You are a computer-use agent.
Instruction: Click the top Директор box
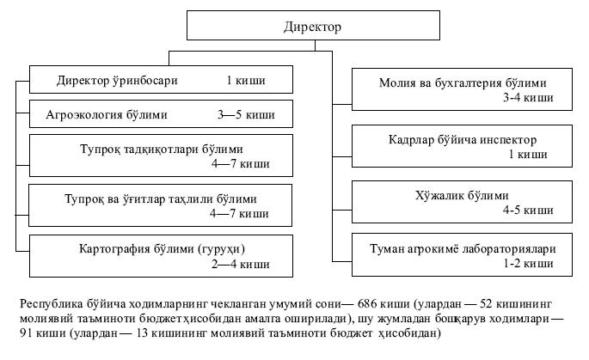(312, 27)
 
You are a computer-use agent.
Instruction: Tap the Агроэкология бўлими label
(119, 114)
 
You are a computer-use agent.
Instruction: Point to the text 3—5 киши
(248, 114)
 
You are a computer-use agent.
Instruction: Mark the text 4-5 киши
(528, 209)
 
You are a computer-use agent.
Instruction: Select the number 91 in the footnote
(28, 333)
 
